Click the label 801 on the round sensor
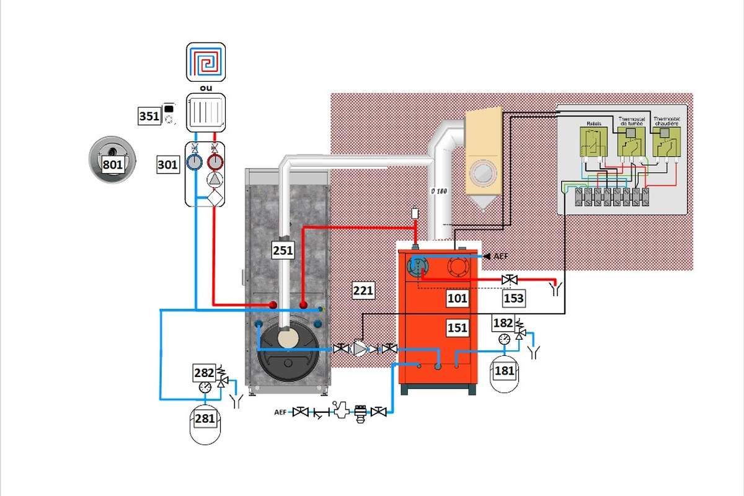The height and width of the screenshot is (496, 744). coord(113,164)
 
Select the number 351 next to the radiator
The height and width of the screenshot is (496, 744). coord(149,116)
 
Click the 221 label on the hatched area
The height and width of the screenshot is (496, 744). coord(363,290)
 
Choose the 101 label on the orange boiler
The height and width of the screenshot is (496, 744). coord(458,298)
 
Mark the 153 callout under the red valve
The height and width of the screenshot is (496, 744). coord(514,298)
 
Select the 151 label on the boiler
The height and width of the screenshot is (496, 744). coord(458,328)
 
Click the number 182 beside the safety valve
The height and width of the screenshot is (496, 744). coord(503,323)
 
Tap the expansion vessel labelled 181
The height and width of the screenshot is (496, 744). coord(503,371)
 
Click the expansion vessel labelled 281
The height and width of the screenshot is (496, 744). coord(205,418)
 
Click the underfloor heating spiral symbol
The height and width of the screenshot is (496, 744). coord(205,62)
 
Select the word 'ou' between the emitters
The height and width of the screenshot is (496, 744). coord(205,87)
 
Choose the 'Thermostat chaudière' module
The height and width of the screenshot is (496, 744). coord(666,141)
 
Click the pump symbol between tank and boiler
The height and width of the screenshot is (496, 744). coord(360,349)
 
